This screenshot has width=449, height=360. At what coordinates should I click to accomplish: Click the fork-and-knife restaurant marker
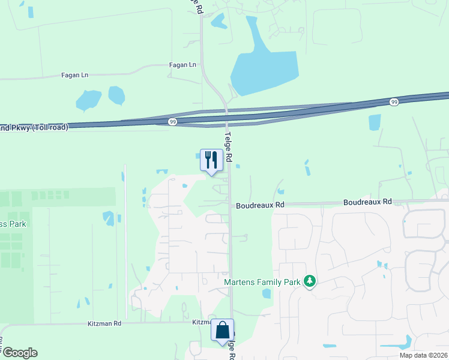point(211,160)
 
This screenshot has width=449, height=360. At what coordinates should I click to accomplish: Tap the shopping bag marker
point(222,331)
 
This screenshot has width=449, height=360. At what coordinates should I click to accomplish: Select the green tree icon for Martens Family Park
point(310,281)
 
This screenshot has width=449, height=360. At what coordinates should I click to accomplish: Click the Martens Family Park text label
point(262,281)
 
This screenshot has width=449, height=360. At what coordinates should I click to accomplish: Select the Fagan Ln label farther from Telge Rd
point(74,75)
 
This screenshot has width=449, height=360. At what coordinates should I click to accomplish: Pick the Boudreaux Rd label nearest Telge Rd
point(260,205)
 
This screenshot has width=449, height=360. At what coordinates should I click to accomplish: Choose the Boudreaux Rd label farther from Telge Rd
point(367,202)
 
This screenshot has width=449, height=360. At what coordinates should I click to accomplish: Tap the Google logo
point(20,353)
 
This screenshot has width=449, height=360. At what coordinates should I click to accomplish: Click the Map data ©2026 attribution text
point(423,355)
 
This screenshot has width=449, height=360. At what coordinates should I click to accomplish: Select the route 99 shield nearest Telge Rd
point(172,122)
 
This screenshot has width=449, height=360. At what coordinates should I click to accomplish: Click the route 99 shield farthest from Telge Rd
point(393,102)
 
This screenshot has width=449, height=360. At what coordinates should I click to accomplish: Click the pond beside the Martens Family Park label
point(267,293)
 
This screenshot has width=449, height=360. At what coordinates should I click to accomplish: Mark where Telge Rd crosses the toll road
point(227,116)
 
